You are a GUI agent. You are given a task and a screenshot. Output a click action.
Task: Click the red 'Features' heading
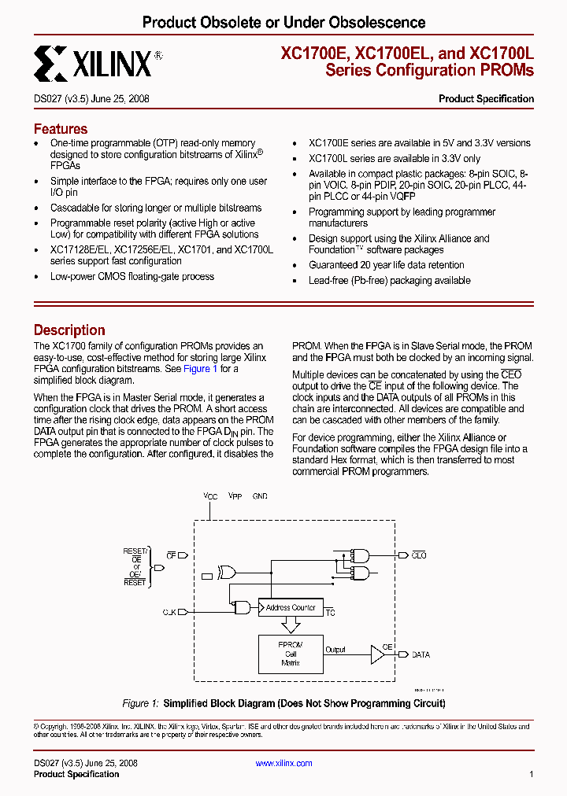click(61, 129)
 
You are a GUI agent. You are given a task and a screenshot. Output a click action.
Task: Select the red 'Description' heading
click(69, 330)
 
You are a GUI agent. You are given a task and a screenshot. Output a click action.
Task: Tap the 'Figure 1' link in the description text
click(200, 369)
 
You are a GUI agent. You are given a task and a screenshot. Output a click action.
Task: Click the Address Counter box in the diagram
click(290, 607)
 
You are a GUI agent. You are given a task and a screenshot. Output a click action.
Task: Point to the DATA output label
click(421, 654)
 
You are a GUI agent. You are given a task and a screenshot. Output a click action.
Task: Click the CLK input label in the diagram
click(169, 611)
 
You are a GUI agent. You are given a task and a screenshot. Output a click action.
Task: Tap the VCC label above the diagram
click(210, 497)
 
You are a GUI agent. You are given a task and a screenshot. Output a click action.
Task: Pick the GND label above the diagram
click(260, 497)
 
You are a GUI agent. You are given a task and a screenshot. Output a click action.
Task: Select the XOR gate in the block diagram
click(228, 573)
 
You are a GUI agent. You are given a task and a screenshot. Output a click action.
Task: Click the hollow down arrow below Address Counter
click(291, 625)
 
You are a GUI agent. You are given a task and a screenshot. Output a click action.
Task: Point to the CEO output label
click(419, 555)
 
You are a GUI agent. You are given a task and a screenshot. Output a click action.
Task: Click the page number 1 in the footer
click(532, 775)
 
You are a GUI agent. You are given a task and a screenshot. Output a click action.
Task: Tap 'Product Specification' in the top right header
click(486, 99)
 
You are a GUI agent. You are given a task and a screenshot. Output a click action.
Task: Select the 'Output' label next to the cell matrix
click(335, 650)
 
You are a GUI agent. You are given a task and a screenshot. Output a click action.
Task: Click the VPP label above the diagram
click(235, 497)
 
